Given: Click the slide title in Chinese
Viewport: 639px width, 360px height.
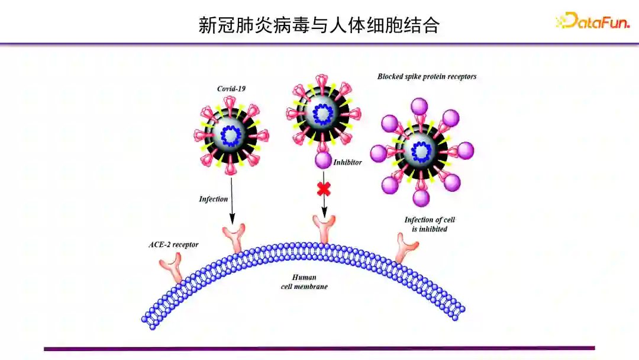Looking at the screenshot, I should (x=319, y=25).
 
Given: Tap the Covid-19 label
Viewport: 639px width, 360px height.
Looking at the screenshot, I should (x=231, y=89).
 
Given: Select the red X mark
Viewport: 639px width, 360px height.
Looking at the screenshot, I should (x=324, y=189).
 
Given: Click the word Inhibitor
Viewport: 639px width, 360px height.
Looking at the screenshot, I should (x=347, y=162).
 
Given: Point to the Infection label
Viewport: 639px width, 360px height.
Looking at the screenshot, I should (x=213, y=199).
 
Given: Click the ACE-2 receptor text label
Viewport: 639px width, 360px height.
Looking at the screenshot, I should (x=173, y=244).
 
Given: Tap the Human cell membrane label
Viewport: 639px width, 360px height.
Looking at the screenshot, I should (x=304, y=282).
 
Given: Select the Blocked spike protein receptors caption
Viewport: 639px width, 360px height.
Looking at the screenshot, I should (x=427, y=76).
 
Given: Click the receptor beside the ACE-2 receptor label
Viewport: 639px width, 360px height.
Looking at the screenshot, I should (x=176, y=266).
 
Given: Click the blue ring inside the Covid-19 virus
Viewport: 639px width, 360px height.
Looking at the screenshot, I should (x=231, y=136).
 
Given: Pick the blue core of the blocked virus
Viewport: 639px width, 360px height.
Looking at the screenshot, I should (x=421, y=150).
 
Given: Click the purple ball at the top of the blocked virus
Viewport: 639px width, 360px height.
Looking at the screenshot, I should (x=419, y=107).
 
